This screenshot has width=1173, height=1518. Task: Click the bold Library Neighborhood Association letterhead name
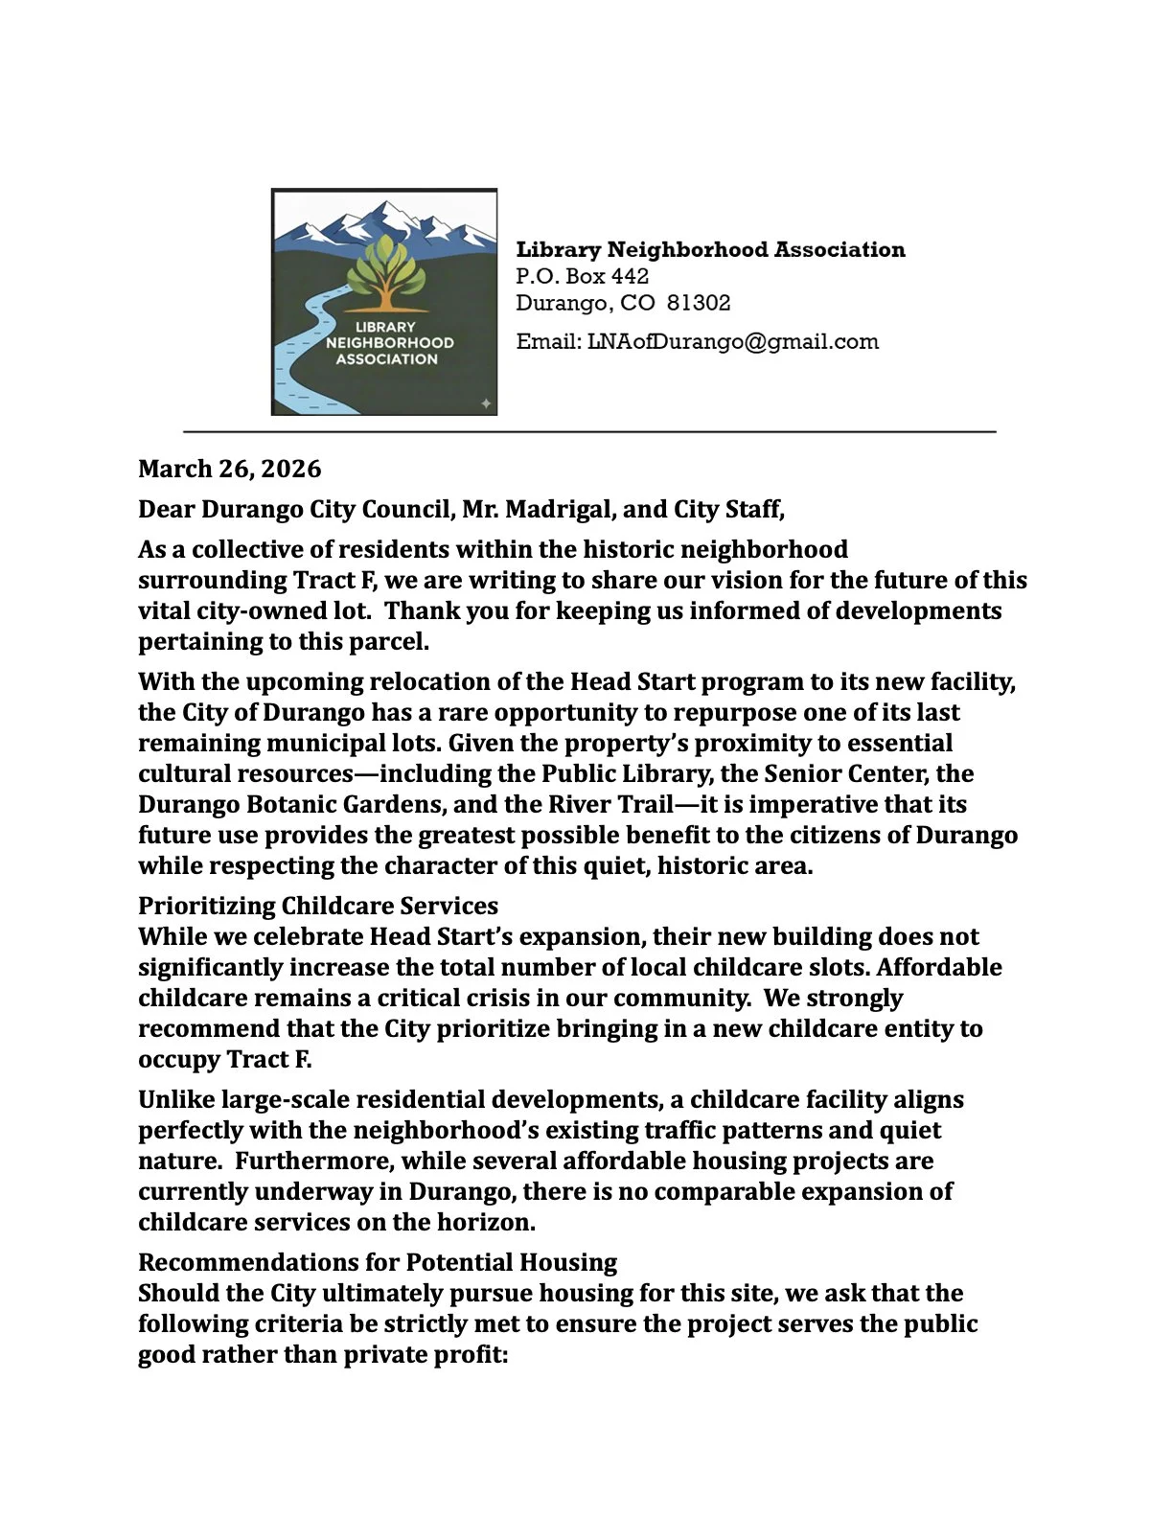[710, 250]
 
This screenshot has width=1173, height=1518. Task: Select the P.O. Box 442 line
[582, 277]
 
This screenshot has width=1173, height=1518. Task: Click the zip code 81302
[699, 304]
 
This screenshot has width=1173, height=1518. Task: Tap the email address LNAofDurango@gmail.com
[732, 342]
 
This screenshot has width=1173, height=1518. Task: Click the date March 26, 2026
[230, 469]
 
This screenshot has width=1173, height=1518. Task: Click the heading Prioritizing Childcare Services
[318, 906]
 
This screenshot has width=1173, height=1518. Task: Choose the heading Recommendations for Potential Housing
[378, 1262]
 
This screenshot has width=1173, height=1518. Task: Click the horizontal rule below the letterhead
[589, 432]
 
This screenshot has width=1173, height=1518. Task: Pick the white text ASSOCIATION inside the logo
[386, 359]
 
